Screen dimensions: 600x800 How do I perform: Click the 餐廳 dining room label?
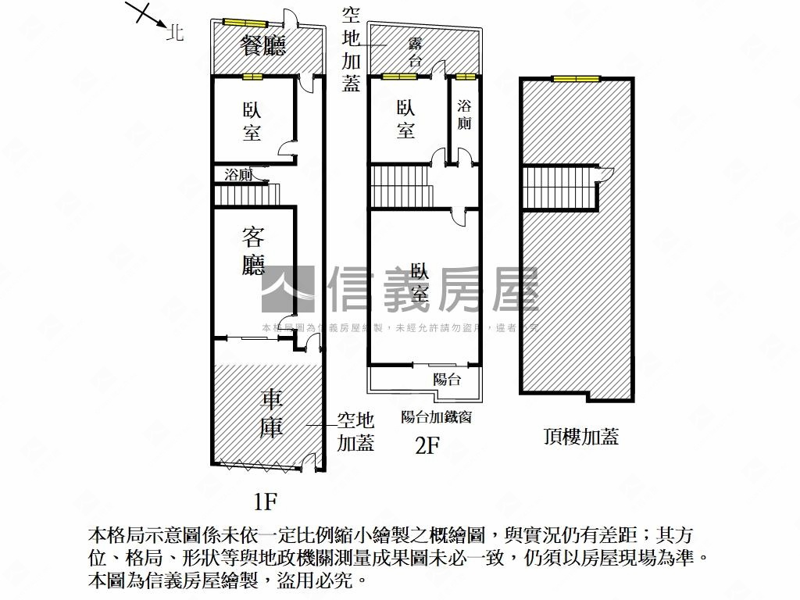point(262,45)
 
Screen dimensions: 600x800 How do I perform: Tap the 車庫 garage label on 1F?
point(271,414)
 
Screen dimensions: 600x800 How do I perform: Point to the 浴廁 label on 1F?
point(238,174)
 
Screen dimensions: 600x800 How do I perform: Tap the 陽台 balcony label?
point(447,380)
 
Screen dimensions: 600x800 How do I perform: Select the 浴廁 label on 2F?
point(465,114)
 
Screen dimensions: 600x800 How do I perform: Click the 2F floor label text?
point(427,445)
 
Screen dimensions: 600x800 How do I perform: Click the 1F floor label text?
point(266,499)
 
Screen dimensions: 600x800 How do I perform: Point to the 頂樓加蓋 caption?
point(581,437)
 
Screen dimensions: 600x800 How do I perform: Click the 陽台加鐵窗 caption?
point(436,417)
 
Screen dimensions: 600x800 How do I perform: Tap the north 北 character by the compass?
point(176,33)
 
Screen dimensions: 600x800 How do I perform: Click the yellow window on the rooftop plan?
point(575,78)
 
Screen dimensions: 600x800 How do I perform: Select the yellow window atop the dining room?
point(245,21)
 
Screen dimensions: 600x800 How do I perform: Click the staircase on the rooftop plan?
point(559,188)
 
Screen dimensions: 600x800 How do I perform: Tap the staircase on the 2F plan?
point(401,187)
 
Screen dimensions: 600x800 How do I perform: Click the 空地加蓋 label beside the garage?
point(355,432)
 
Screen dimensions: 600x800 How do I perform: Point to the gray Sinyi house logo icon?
point(287,289)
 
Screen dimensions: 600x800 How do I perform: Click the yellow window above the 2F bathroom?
point(466,77)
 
